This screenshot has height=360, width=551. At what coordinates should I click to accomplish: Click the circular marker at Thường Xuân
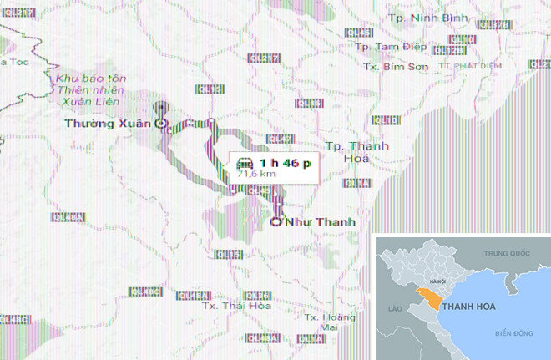point(162,124)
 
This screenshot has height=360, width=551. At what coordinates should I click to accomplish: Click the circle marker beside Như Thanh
point(276,222)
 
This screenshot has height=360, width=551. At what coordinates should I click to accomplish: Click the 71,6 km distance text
point(256,175)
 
